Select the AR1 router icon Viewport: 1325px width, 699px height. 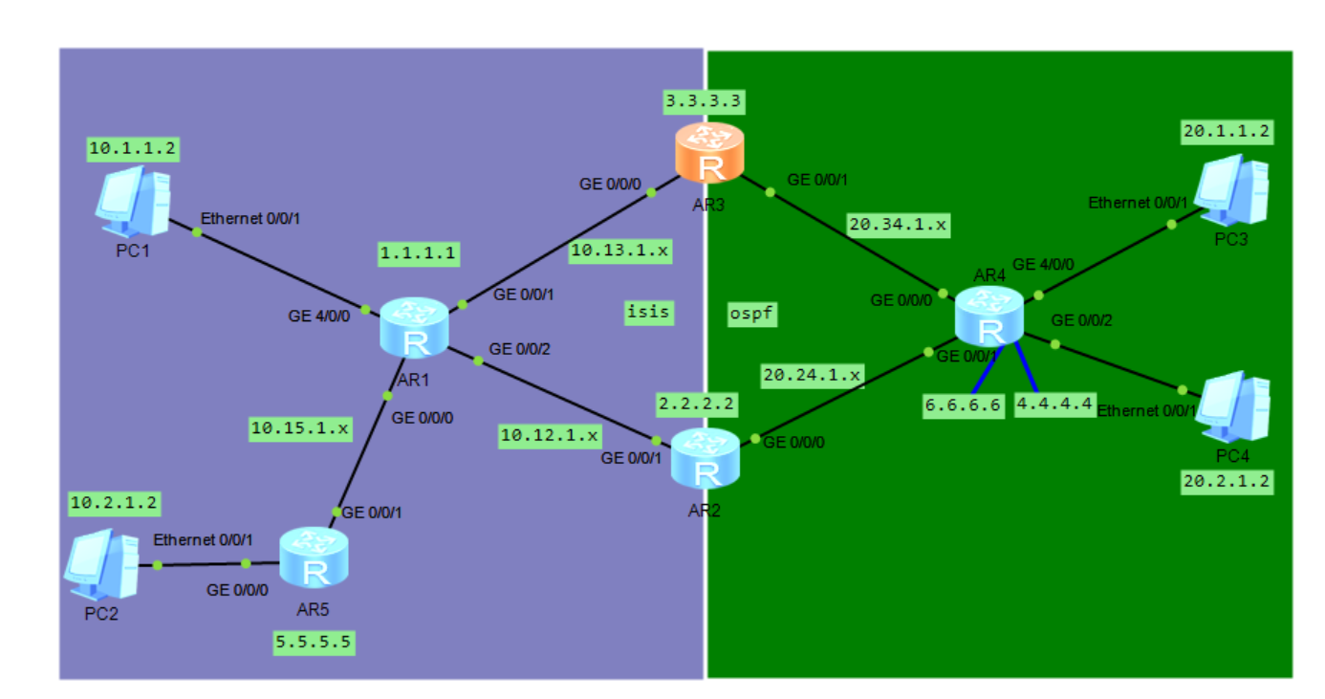coord(414,326)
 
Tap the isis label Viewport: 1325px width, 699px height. coord(648,312)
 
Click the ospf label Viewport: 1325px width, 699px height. coord(750,313)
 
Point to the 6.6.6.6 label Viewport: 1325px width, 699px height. coord(962,404)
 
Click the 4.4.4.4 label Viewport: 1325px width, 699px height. coord(1054,404)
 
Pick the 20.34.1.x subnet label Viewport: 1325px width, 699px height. coord(898,226)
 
